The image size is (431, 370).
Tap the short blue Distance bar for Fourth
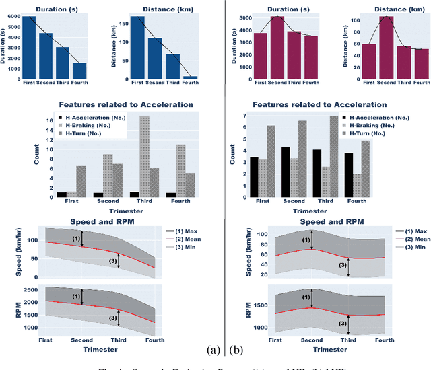coord(191,77)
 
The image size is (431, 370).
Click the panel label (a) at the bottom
coord(213,350)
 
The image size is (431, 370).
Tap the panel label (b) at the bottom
coord(235,350)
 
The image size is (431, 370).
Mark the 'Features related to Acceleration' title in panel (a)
coord(126,105)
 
